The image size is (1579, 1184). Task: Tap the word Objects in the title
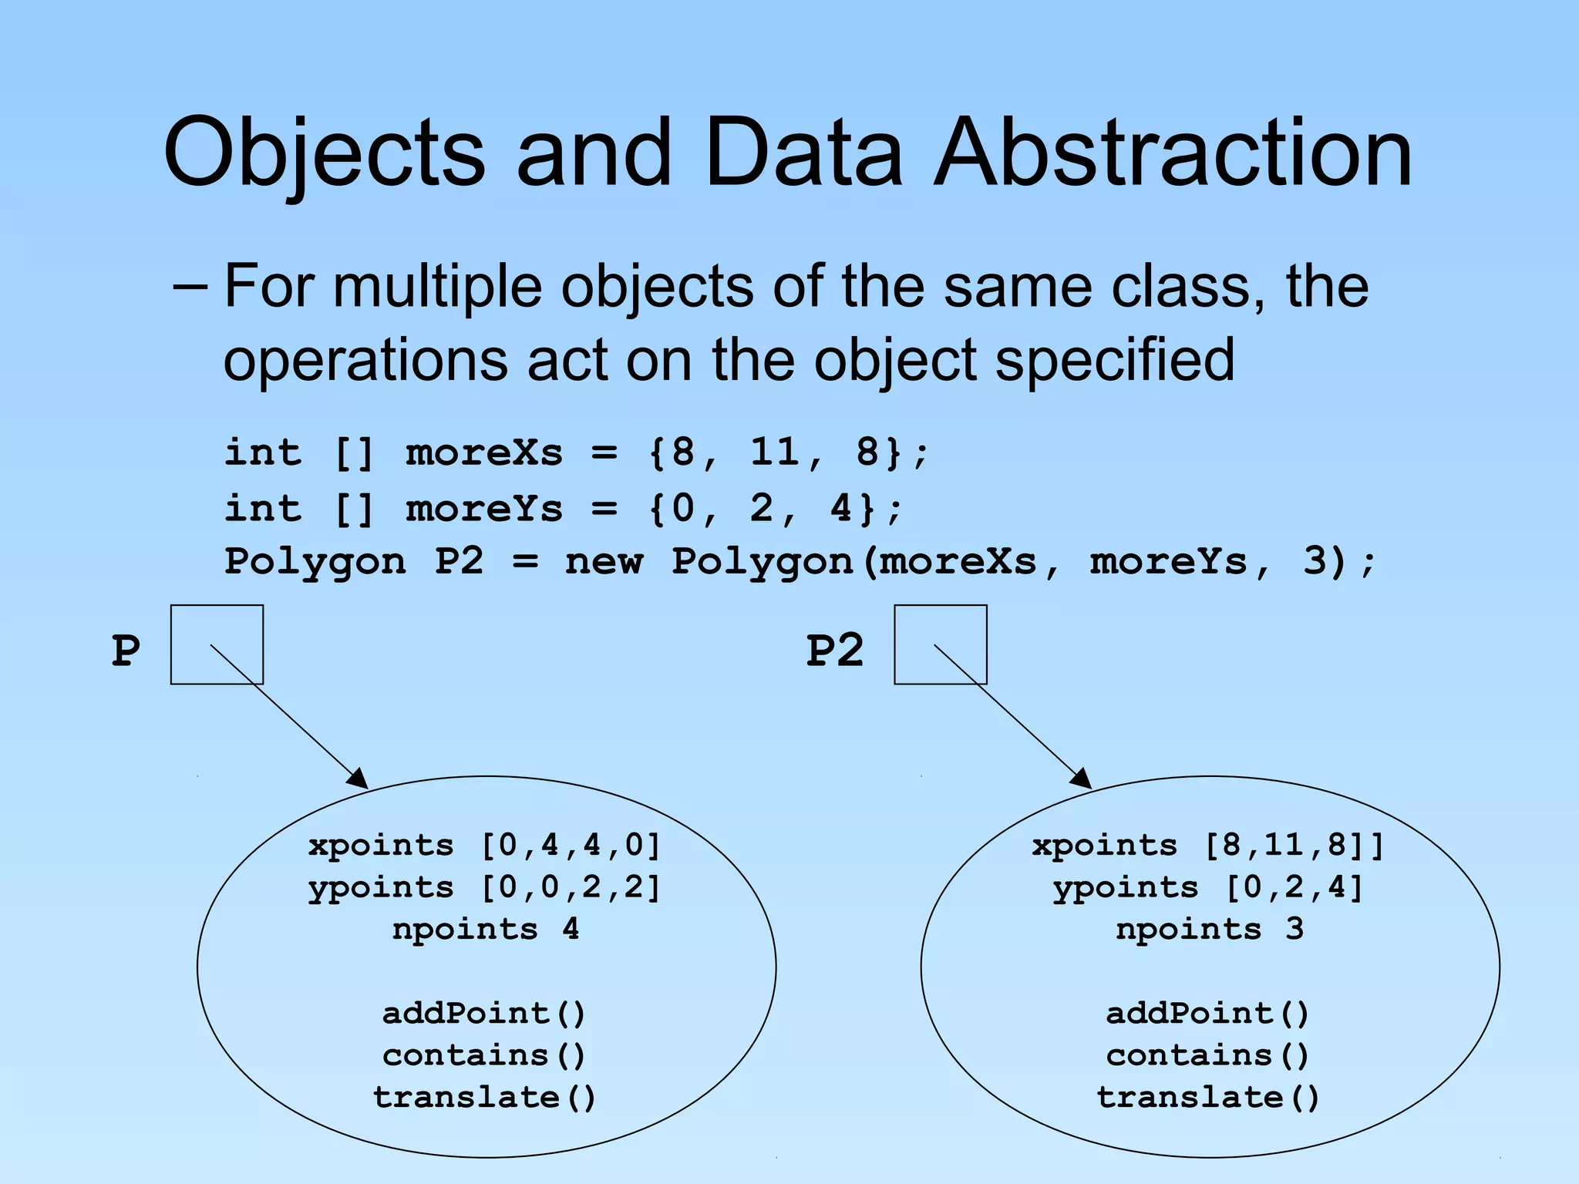click(x=324, y=154)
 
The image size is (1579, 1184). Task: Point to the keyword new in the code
click(x=603, y=561)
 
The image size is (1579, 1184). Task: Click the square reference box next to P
click(x=217, y=644)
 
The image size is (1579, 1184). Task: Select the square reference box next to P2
click(x=940, y=644)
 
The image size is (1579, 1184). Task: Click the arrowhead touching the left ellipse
click(x=358, y=779)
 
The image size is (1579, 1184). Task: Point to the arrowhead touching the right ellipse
click(x=1081, y=779)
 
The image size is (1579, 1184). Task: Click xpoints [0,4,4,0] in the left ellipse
click(x=484, y=846)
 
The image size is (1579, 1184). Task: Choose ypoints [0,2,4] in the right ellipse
click(x=1208, y=888)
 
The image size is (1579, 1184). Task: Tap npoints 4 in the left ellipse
click(x=485, y=930)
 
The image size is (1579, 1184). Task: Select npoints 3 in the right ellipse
click(x=1209, y=930)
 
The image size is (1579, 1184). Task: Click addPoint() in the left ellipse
click(x=484, y=1013)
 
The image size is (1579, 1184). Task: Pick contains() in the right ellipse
click(x=1208, y=1055)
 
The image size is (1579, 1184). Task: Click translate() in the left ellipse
click(x=484, y=1097)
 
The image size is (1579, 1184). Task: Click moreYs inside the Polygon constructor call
click(x=1168, y=561)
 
